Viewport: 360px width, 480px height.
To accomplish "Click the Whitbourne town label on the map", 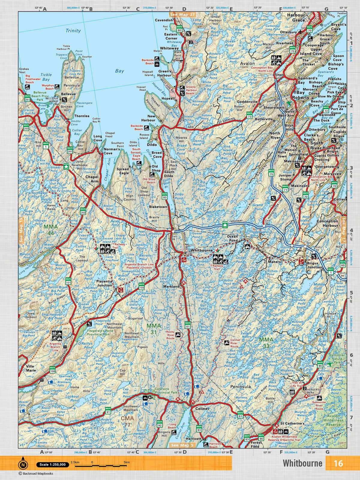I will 201,250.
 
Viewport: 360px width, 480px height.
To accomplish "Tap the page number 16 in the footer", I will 338,463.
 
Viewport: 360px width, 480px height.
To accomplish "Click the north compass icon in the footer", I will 23,465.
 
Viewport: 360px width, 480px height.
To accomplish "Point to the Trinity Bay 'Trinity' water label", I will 73,31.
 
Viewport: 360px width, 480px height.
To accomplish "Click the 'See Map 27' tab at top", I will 182,14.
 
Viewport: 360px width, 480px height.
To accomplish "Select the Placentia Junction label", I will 104,283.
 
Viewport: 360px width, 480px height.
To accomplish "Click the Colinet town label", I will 202,409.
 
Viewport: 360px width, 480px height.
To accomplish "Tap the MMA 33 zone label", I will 266,343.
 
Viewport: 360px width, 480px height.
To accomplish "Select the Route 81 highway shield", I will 188,326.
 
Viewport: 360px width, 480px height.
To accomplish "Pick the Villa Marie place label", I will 31,368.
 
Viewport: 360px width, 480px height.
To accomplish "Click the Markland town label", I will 171,286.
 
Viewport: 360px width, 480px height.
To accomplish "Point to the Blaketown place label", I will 158,207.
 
